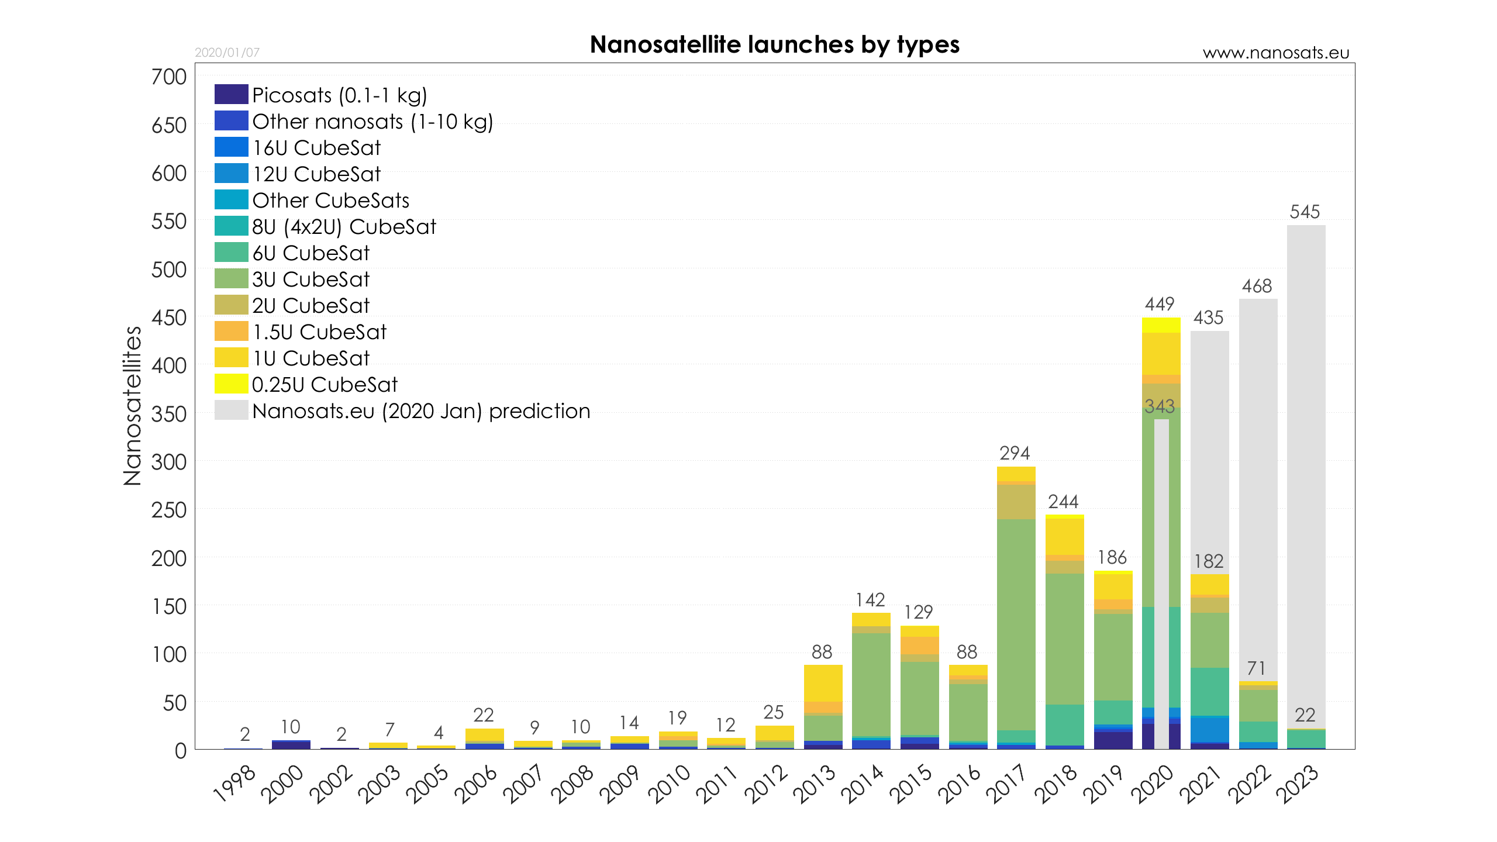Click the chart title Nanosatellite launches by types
pyautogui.click(x=774, y=45)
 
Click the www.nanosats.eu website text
pyautogui.click(x=1275, y=53)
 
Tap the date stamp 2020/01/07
pyautogui.click(x=227, y=53)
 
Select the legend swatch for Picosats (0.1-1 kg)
pyautogui.click(x=231, y=95)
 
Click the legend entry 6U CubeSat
pyautogui.click(x=311, y=253)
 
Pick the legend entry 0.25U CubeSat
pyautogui.click(x=325, y=385)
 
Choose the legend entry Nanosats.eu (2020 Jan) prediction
pyautogui.click(x=420, y=411)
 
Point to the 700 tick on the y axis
pyautogui.click(x=168, y=77)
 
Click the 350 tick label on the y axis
pyautogui.click(x=168, y=415)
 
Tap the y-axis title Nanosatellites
pyautogui.click(x=133, y=406)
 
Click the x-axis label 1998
pyautogui.click(x=234, y=784)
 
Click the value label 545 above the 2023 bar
pyautogui.click(x=1305, y=212)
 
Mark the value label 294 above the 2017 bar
pyautogui.click(x=1015, y=453)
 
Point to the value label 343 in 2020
pyautogui.click(x=1160, y=406)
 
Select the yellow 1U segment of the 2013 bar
pyautogui.click(x=823, y=683)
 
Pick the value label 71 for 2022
pyautogui.click(x=1256, y=668)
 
